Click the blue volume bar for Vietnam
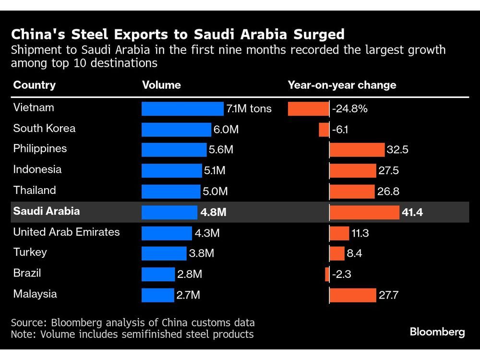click(182, 109)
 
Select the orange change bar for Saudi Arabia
click(364, 212)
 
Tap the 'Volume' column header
click(161, 85)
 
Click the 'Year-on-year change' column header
click(342, 85)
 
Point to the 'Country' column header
click(35, 85)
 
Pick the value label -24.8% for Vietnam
click(349, 109)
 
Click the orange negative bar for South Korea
click(324, 130)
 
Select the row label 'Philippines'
click(40, 149)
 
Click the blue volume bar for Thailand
click(171, 192)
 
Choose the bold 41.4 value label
click(412, 212)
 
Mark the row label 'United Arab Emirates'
click(66, 232)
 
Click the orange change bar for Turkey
click(337, 253)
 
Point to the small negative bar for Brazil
click(327, 274)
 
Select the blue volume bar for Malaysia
click(158, 295)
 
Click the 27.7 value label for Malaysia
click(388, 295)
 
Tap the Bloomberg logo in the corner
click(437, 332)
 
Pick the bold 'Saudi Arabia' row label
click(47, 211)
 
